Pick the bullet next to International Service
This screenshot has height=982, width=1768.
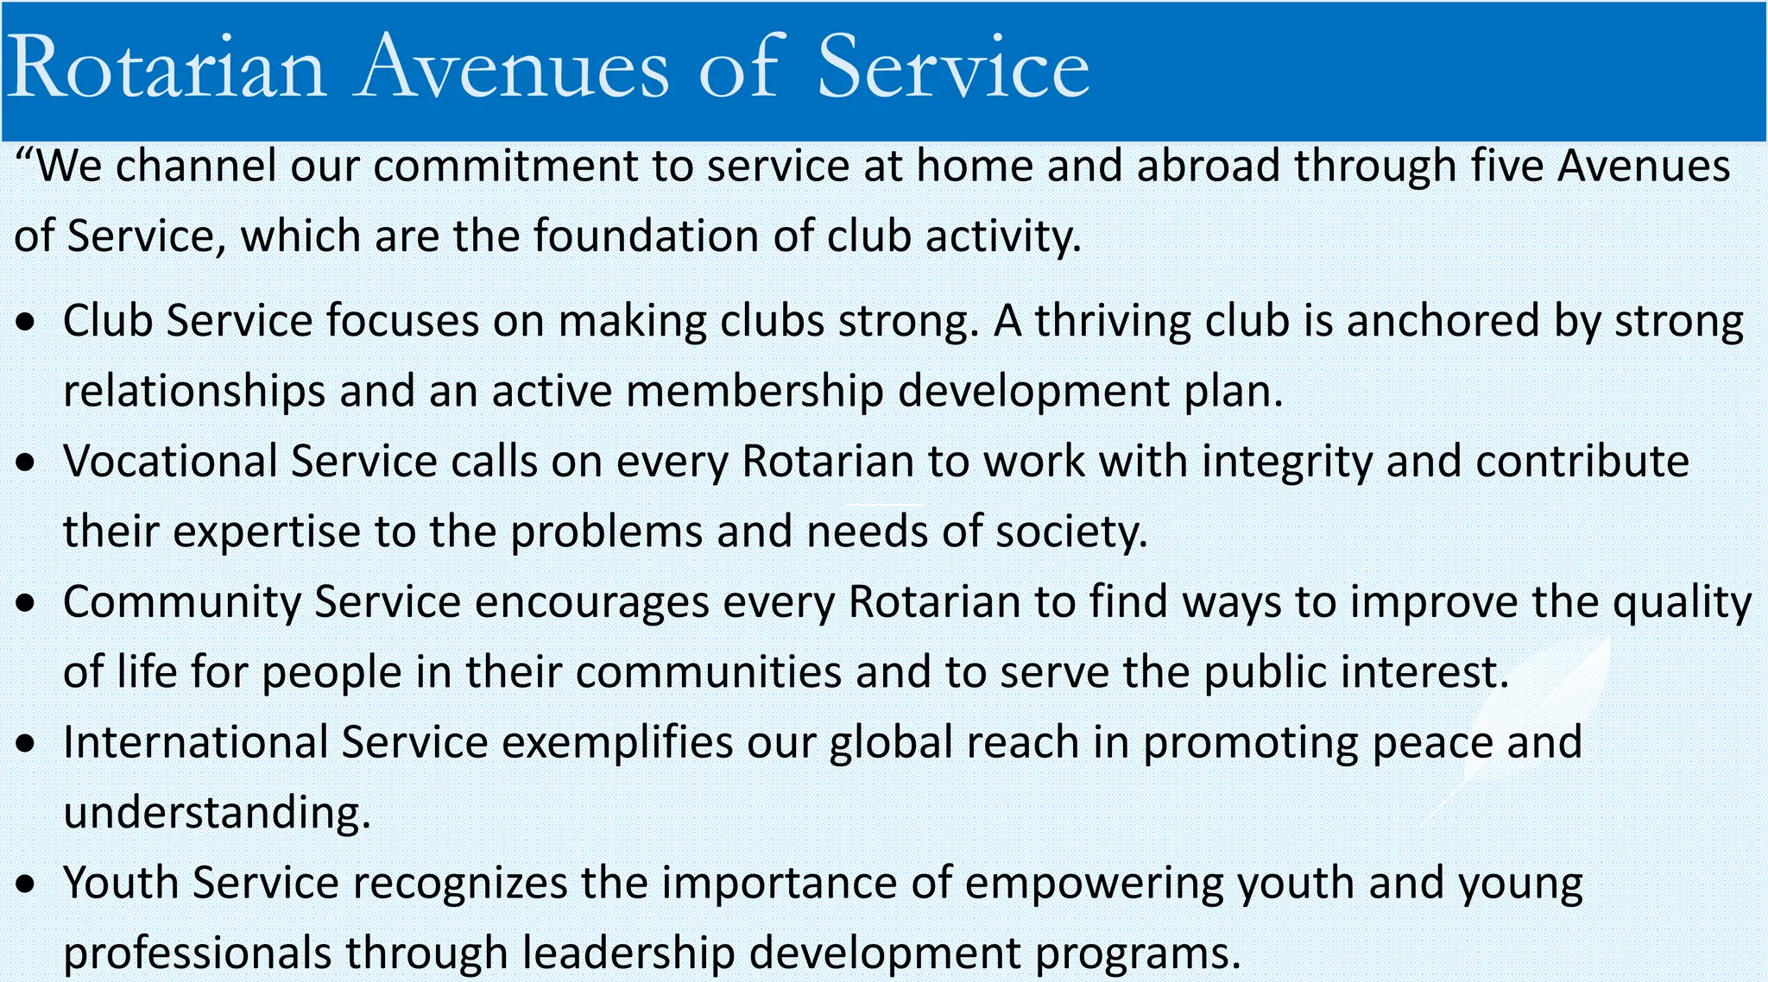point(28,744)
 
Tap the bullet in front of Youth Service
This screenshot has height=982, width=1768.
point(28,884)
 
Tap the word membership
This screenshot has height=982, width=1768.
point(755,392)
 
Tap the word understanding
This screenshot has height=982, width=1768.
point(217,814)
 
